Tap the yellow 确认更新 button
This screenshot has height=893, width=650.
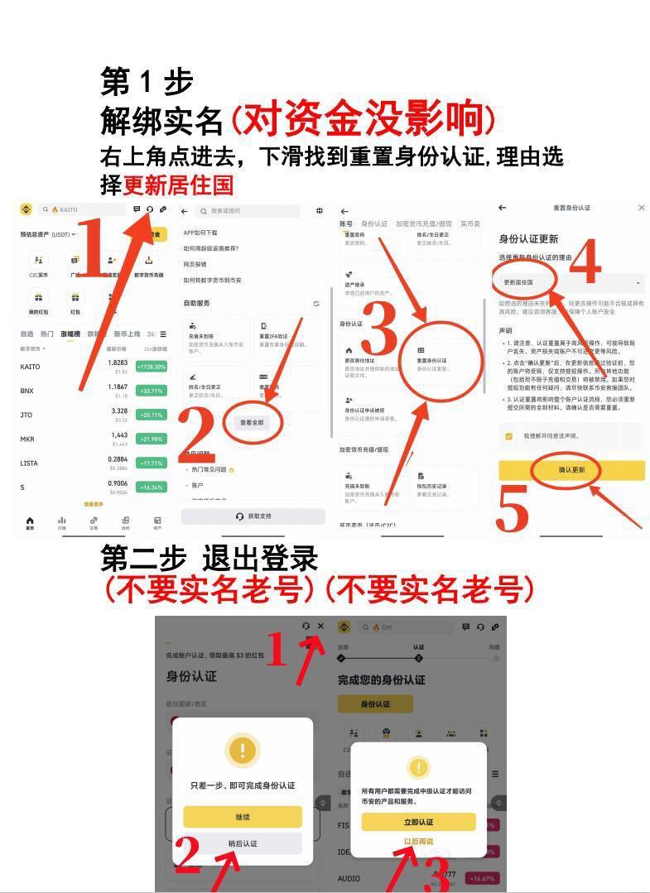point(571,470)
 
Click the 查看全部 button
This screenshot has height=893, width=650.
point(252,422)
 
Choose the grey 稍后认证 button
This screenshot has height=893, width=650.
point(243,843)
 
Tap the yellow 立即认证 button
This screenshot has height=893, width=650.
point(418,822)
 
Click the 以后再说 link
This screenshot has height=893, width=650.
point(418,842)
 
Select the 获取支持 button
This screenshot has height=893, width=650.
point(253,516)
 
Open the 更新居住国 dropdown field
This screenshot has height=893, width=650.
point(571,282)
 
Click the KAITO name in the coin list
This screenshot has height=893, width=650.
point(30,367)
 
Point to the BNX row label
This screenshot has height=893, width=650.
point(27,391)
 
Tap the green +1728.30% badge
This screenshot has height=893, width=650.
point(150,367)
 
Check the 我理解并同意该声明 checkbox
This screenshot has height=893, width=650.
point(508,436)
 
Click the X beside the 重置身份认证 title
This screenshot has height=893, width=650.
point(641,208)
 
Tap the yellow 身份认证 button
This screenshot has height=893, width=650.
point(375,703)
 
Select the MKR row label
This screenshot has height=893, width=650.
point(27,439)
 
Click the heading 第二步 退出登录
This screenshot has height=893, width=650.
point(209,559)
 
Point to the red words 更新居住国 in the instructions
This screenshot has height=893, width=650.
point(178,184)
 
